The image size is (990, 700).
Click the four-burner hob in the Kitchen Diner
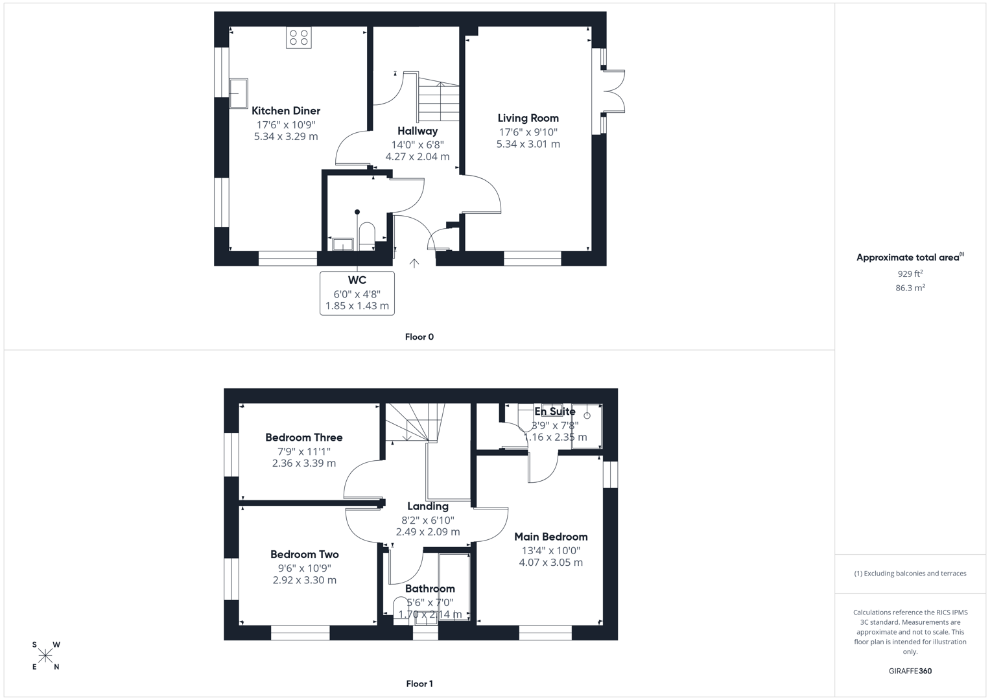[x=298, y=38]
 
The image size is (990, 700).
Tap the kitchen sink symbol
[x=238, y=93]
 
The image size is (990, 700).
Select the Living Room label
[x=528, y=118]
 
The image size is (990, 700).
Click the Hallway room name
[x=418, y=131]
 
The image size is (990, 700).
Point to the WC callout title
[x=357, y=280]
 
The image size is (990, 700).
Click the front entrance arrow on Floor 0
[x=414, y=262]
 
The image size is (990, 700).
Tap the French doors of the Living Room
[x=613, y=91]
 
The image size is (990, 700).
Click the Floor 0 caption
[x=419, y=337]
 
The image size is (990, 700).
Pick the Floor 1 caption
[x=419, y=684]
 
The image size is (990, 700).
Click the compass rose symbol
[x=45, y=656]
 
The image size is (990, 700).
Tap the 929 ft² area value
[x=910, y=274]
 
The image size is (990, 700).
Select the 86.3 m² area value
[x=910, y=288]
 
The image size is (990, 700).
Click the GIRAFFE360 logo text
[x=910, y=671]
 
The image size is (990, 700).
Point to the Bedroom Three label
[x=303, y=437]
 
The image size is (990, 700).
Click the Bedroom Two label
[x=304, y=554]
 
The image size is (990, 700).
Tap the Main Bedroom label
[x=550, y=537]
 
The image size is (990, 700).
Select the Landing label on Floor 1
[x=427, y=506]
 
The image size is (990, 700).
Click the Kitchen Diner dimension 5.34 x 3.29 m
[x=286, y=137]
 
